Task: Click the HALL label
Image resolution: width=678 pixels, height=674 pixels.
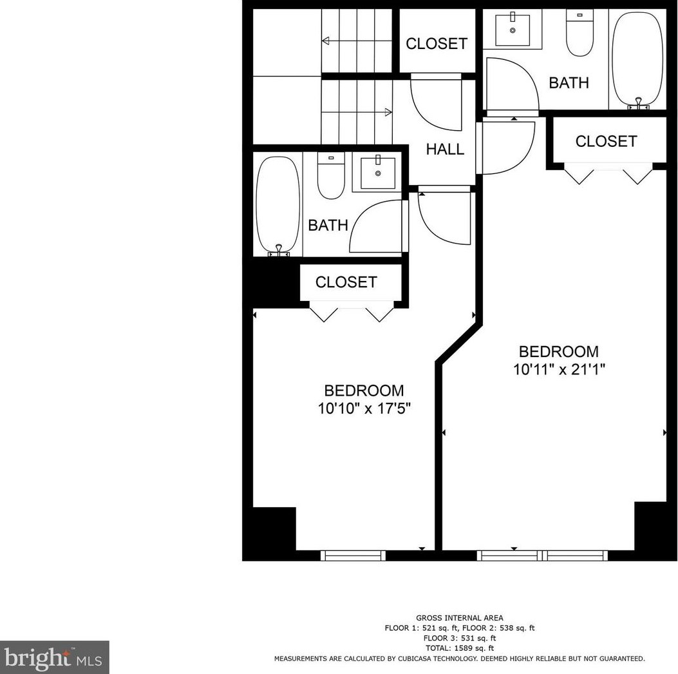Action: click(445, 149)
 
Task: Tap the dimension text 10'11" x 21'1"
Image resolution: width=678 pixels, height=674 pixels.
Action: click(559, 370)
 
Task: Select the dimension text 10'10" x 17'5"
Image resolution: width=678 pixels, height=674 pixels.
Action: click(364, 409)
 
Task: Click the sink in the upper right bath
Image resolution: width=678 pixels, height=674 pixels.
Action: click(513, 30)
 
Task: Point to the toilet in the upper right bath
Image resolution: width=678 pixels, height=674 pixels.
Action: click(579, 34)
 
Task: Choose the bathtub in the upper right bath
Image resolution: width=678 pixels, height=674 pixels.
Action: click(637, 59)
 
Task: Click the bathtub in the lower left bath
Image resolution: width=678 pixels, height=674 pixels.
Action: click(278, 205)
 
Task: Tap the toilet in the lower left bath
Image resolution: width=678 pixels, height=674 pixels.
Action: click(332, 177)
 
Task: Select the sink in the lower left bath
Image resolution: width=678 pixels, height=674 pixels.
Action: click(378, 172)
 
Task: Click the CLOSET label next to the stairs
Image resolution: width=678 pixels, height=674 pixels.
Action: click(436, 44)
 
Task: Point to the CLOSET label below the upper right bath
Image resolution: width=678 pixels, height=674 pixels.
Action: click(606, 141)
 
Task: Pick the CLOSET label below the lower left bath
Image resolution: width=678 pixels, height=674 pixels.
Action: click(346, 282)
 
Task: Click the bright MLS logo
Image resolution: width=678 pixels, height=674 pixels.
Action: click(54, 657)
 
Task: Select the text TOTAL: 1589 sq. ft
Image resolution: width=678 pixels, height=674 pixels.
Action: click(460, 648)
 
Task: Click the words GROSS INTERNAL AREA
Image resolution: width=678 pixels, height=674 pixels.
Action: click(460, 618)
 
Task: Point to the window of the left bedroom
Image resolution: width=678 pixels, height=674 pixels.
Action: click(353, 555)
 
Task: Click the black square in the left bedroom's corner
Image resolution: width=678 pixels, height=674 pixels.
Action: click(273, 528)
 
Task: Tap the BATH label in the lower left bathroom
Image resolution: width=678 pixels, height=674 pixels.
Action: click(328, 226)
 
